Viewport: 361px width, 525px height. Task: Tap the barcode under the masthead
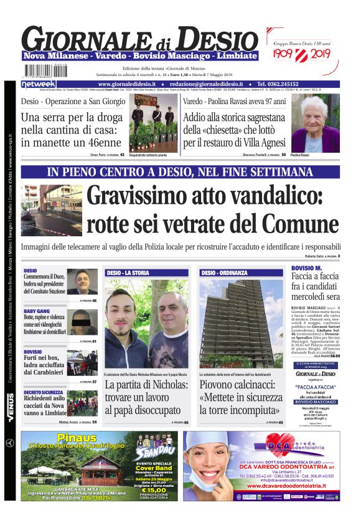(45, 70)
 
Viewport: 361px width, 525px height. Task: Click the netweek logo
(39, 84)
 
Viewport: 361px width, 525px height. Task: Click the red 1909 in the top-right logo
(284, 54)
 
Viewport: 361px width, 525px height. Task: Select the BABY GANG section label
(37, 311)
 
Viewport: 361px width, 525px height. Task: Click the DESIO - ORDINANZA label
(224, 273)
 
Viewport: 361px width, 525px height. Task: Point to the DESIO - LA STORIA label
(128, 273)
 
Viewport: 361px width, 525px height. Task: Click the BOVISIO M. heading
(306, 268)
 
